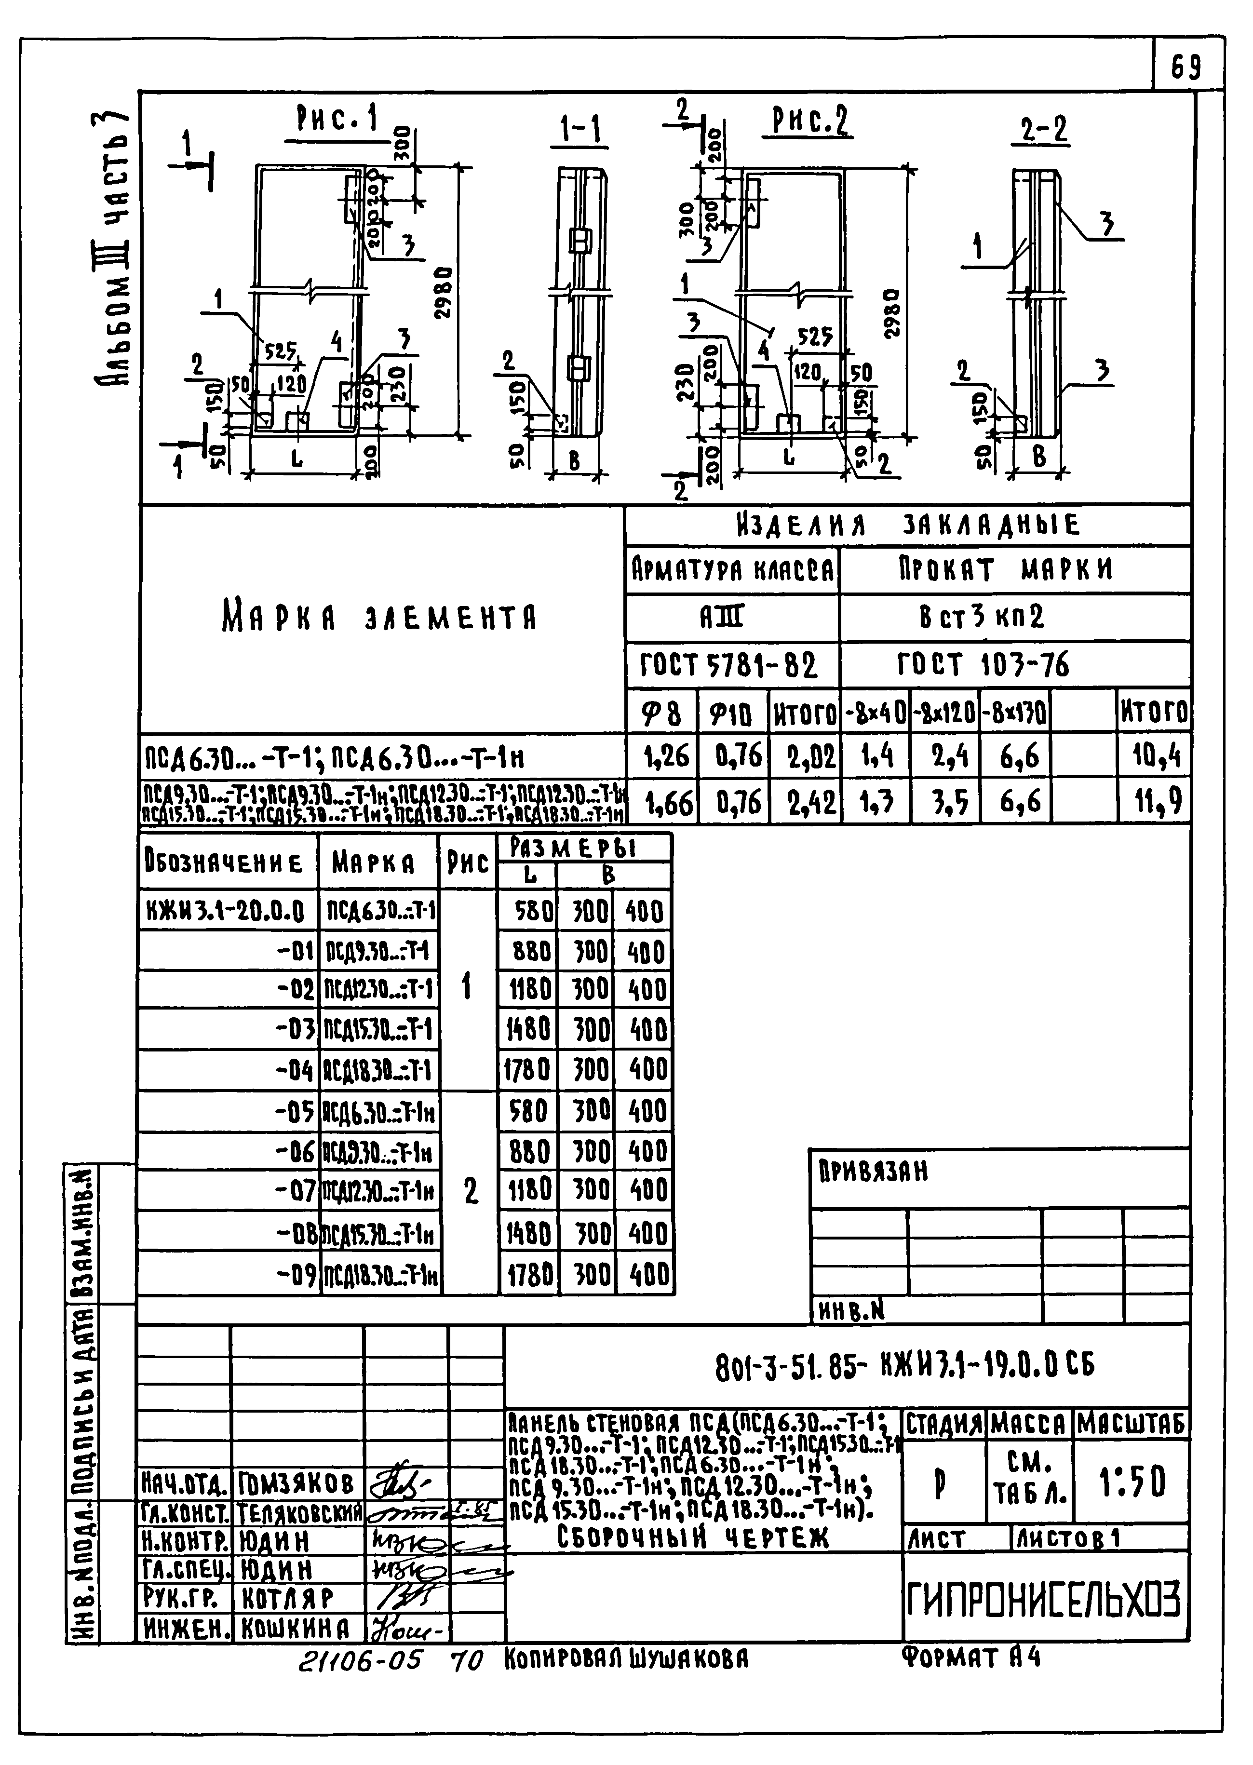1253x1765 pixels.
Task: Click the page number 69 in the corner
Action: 1186,70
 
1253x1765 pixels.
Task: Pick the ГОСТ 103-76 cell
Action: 984,665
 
